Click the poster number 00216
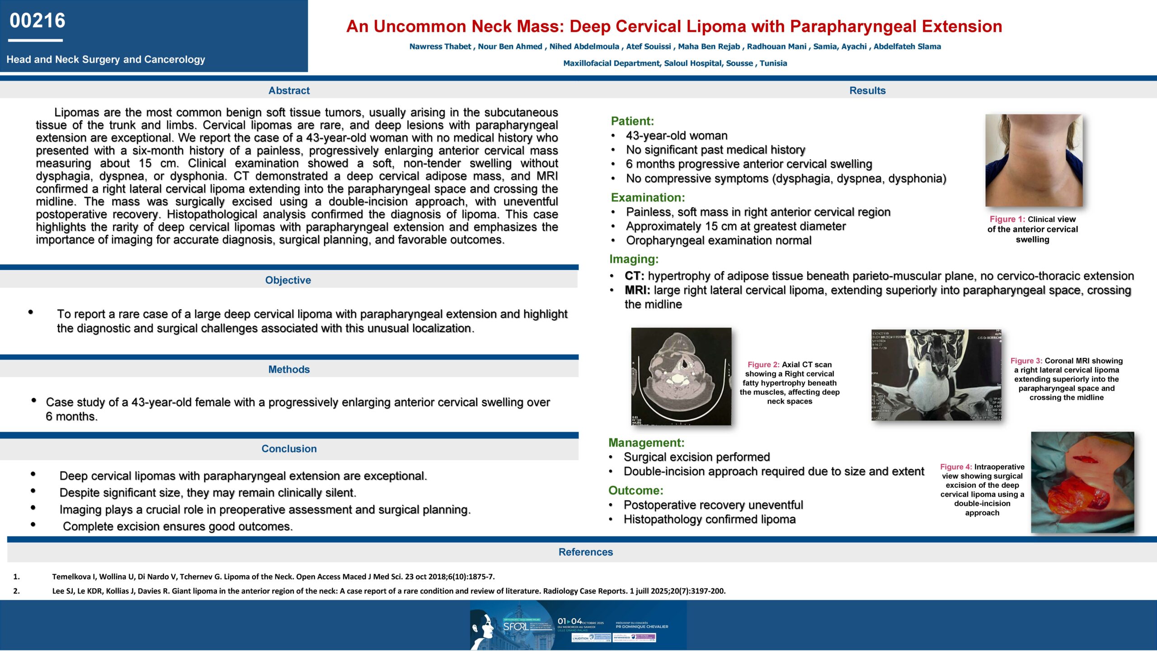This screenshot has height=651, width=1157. tap(38, 21)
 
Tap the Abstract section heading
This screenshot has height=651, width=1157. tap(289, 90)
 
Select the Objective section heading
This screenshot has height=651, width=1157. tap(288, 280)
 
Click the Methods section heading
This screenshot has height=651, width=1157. tap(289, 369)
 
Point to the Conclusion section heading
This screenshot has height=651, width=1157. tap(289, 448)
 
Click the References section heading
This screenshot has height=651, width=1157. tap(585, 552)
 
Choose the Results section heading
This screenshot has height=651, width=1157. tap(867, 90)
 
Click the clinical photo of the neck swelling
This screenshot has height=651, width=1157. tap(1034, 160)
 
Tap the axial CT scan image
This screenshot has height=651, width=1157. tap(681, 376)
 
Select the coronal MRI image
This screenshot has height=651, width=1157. tap(936, 375)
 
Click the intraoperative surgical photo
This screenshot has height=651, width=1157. tap(1082, 482)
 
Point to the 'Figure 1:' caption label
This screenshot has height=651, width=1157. tap(1007, 219)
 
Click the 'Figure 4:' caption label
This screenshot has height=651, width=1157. tap(956, 467)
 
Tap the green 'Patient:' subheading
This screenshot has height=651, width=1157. tap(632, 121)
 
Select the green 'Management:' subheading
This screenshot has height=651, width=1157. tap(646, 443)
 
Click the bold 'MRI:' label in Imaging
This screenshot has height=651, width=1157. tap(637, 290)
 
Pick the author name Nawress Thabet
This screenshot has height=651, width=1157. tap(440, 47)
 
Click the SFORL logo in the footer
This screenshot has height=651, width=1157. tap(515, 627)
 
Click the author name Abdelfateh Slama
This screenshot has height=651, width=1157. tap(907, 47)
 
